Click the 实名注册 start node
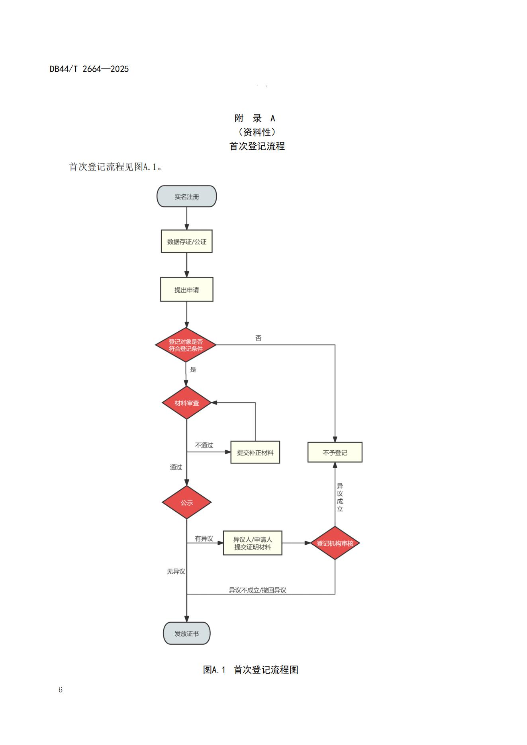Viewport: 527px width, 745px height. [x=186, y=196]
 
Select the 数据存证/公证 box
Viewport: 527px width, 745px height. [x=186, y=241]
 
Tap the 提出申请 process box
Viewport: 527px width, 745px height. [x=186, y=289]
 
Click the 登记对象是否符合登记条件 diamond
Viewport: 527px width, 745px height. [x=186, y=345]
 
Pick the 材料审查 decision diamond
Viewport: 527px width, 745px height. [x=186, y=403]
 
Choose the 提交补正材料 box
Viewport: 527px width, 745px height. [x=255, y=452]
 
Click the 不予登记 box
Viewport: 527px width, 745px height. [x=335, y=452]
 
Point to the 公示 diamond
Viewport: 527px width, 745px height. [x=186, y=503]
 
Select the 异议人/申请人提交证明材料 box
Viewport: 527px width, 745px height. [x=253, y=543]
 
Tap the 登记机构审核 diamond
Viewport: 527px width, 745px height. [x=335, y=543]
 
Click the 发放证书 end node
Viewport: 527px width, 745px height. [x=186, y=634]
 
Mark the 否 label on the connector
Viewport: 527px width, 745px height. [x=259, y=338]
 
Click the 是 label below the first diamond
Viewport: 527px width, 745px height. [x=193, y=370]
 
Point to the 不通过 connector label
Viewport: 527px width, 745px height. [x=204, y=445]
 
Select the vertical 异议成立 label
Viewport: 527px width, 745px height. [x=340, y=497]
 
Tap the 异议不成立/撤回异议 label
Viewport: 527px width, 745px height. [x=257, y=590]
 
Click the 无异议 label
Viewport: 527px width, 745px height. [x=176, y=571]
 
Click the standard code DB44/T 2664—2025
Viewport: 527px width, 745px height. [x=89, y=69]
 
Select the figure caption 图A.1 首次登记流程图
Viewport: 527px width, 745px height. [x=251, y=670]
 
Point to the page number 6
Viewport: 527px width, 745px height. [x=61, y=690]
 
